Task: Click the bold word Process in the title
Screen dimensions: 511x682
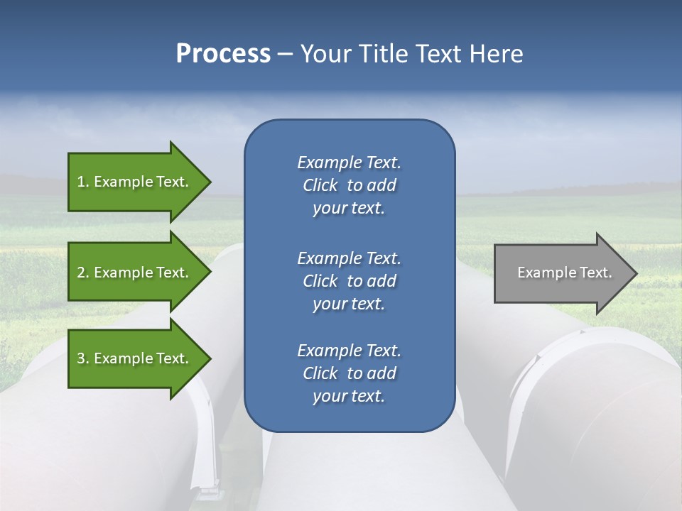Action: point(223,53)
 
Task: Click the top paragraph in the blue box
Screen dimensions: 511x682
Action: point(349,185)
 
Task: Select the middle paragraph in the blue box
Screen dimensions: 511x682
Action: point(349,281)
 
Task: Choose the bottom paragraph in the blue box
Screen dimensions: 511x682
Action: point(349,373)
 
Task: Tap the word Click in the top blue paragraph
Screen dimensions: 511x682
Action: point(320,186)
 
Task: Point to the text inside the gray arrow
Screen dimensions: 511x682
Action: point(564,273)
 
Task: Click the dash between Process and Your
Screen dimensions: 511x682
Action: point(285,54)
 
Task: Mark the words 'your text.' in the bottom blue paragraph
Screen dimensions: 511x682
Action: point(349,397)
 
